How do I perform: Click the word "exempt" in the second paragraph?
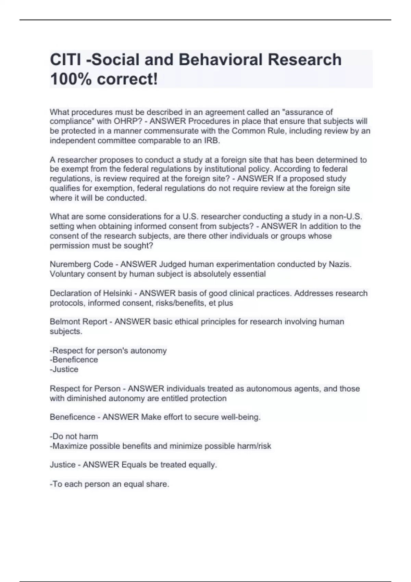(73, 169)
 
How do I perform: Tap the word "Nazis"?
(340, 264)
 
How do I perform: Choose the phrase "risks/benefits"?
(181, 303)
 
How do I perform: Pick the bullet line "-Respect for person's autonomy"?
(108, 351)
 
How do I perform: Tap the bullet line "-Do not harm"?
(74, 436)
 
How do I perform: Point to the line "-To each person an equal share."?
(109, 484)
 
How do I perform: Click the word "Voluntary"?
(67, 274)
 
